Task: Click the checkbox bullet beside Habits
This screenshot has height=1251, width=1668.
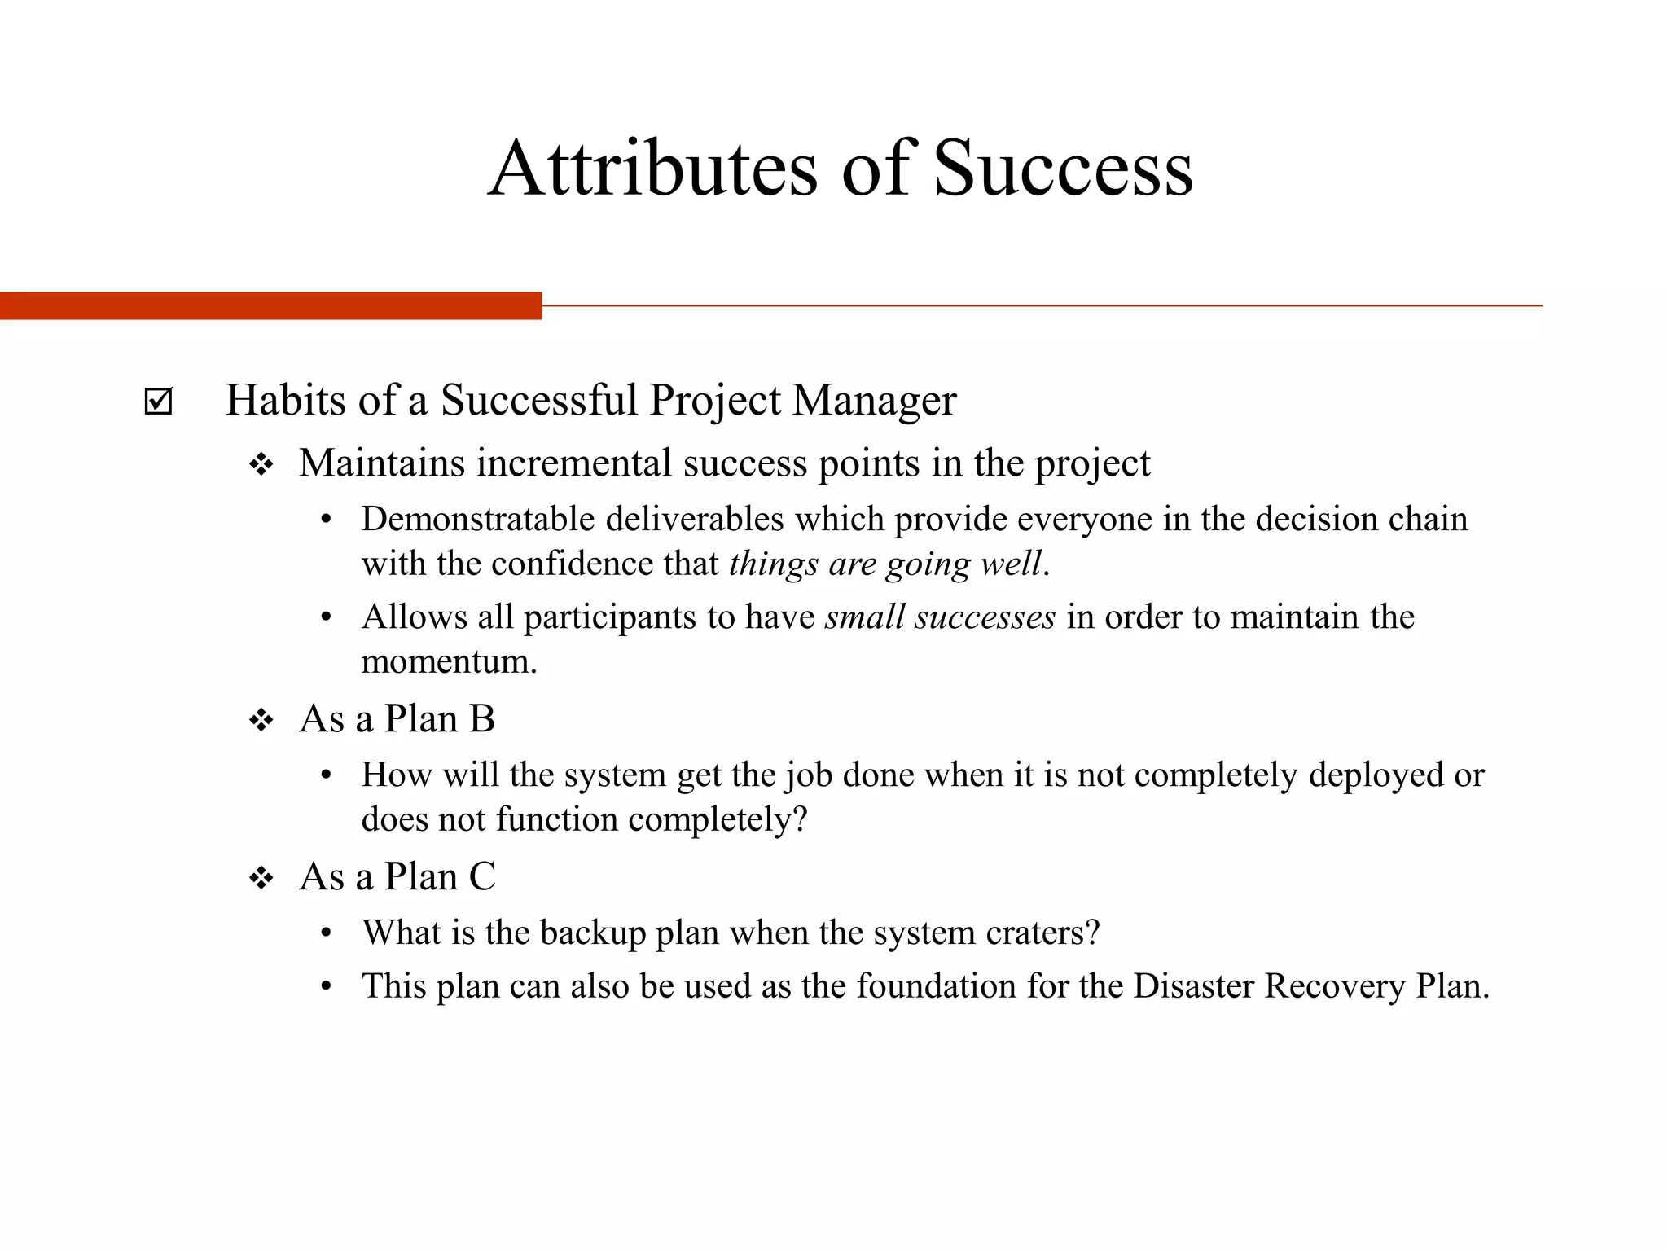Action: (158, 401)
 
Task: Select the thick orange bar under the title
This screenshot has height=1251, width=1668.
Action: (270, 305)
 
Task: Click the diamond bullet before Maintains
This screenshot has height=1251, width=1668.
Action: (261, 465)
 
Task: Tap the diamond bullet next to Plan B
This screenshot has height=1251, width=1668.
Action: (261, 720)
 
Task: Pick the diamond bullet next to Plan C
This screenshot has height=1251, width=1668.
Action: (261, 878)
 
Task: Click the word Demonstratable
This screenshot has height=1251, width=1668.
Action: (478, 520)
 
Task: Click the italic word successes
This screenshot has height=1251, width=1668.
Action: (985, 617)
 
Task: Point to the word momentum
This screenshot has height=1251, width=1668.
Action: (449, 661)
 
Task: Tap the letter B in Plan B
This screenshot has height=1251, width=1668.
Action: (482, 719)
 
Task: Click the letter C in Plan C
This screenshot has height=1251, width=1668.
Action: (482, 877)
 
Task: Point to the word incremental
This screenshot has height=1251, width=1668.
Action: (575, 463)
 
